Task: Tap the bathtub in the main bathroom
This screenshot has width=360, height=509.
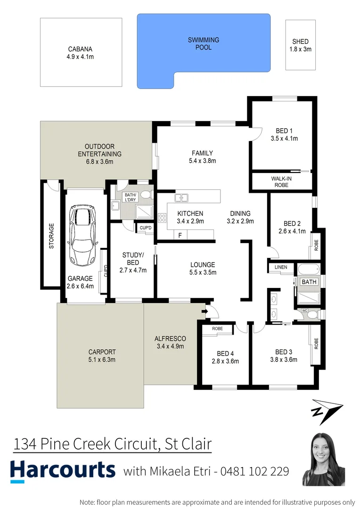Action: click(x=309, y=271)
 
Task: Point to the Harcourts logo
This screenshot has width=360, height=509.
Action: click(x=63, y=470)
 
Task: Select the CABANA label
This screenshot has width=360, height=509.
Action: click(x=80, y=49)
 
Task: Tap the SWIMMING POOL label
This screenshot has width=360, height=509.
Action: click(x=204, y=44)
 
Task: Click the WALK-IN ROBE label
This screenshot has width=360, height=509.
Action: click(x=279, y=182)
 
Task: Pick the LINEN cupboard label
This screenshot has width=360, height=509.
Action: click(x=280, y=268)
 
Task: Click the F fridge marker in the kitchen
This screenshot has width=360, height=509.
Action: click(x=180, y=235)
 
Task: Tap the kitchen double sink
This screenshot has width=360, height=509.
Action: click(x=181, y=198)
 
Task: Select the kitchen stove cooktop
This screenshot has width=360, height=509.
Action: click(x=162, y=218)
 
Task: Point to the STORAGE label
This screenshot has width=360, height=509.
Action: click(x=51, y=236)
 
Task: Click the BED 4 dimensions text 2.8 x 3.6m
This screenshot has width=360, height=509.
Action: click(x=225, y=361)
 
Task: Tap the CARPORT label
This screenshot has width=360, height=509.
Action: click(x=102, y=352)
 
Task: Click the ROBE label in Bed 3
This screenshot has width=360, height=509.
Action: click(x=316, y=345)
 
